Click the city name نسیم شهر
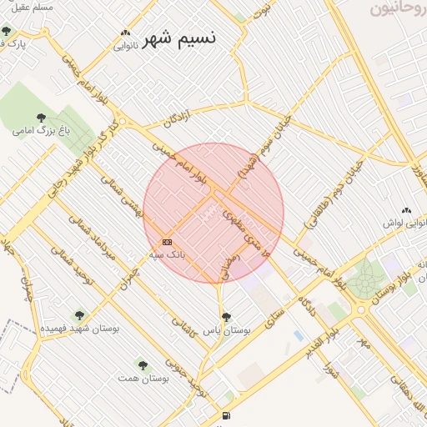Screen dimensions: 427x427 click(x=178, y=38)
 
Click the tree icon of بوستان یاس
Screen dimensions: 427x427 click(x=226, y=317)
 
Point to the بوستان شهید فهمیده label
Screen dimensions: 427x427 click(x=81, y=329)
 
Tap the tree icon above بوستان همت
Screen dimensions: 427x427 click(x=143, y=364)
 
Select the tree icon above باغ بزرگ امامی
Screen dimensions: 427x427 click(x=42, y=118)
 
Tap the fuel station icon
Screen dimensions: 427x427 click(x=226, y=415)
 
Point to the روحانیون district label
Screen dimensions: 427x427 click(x=397, y=9)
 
